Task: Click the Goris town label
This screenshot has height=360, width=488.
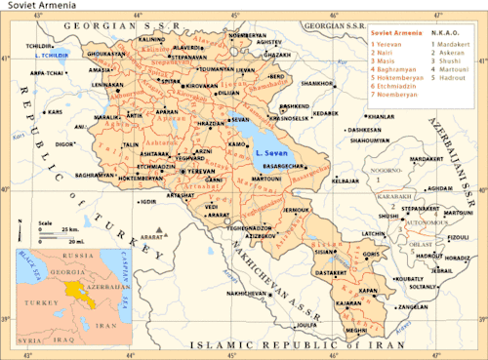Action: tap(370, 255)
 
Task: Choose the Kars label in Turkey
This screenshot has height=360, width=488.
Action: tap(55, 112)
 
